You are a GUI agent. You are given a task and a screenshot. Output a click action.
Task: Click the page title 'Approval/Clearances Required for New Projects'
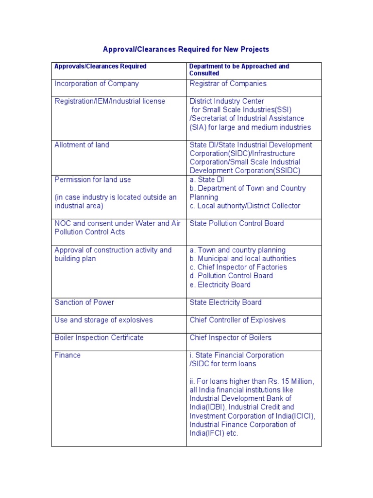pos(186,50)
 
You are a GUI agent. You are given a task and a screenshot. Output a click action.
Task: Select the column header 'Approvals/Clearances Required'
pos(101,66)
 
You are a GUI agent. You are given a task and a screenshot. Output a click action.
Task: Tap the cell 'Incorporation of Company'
pos(97,84)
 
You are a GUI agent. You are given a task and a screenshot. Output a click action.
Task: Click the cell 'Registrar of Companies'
pos(228,84)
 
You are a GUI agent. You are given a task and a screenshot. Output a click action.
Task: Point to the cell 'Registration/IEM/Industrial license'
pos(110,101)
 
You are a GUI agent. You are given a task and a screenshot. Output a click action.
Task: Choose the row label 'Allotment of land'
pos(82,145)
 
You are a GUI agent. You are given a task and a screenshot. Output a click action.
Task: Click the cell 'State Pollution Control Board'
pos(237,224)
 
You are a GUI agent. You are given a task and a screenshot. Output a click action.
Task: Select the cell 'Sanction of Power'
pos(85,302)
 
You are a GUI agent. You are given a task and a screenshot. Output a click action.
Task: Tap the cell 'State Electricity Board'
pos(225,302)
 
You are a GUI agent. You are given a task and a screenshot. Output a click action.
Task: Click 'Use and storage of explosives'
pos(103,320)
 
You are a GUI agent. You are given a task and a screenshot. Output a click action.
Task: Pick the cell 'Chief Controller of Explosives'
pos(237,320)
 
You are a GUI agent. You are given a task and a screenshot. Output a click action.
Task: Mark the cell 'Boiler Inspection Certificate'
pos(99,338)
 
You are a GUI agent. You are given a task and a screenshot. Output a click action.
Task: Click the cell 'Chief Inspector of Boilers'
pos(230,338)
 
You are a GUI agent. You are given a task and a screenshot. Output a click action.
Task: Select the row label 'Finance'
pos(68,356)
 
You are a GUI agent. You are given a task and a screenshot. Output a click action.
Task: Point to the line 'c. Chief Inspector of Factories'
pos(238,267)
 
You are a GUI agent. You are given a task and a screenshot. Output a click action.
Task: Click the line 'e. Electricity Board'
pos(220,285)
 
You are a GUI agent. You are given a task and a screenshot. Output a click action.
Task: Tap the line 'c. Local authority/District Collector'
pos(245,206)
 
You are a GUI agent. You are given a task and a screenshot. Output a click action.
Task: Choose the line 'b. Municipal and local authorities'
pos(242,259)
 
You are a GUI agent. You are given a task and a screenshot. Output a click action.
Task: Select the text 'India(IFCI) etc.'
pos(214,433)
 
